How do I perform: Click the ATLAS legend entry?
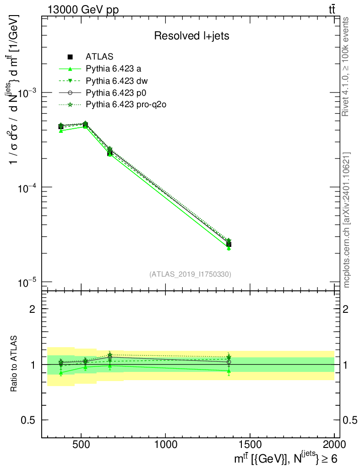point(99,57)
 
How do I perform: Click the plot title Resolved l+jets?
point(191,36)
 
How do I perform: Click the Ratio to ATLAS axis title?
point(14,364)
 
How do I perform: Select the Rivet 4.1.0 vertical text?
point(347,67)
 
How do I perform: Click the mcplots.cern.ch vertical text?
point(347,220)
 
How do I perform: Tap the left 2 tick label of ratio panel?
point(33,309)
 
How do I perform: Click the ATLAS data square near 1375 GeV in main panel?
point(229,244)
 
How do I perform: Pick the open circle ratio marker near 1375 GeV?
point(229,362)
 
